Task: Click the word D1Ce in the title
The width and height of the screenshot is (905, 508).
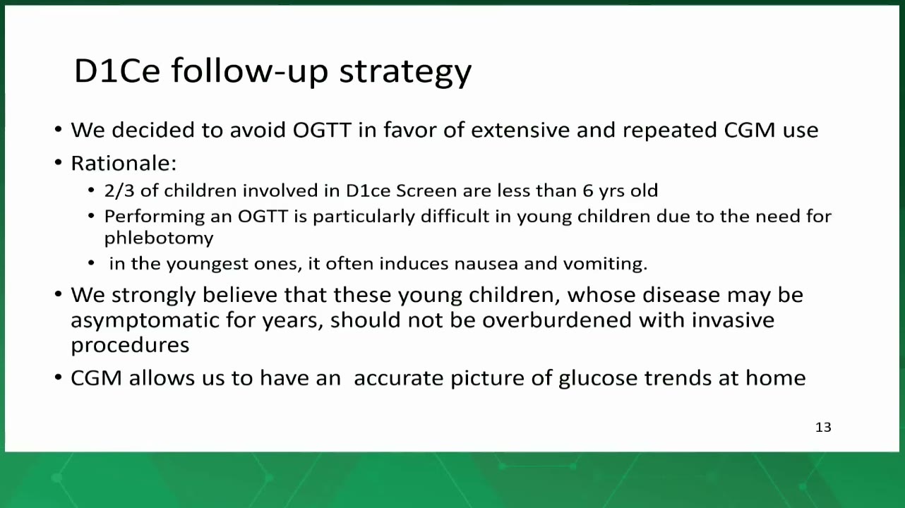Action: [117, 71]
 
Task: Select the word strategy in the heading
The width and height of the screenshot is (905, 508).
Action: [405, 73]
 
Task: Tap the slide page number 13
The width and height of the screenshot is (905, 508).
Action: [823, 428]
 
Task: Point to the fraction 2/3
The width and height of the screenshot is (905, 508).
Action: [119, 190]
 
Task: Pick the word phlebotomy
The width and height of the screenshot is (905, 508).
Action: [158, 238]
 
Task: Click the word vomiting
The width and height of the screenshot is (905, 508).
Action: [605, 264]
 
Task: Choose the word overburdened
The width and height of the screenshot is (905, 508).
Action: [557, 320]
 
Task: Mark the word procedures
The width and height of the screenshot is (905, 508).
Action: [130, 346]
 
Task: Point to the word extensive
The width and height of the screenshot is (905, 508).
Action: [520, 130]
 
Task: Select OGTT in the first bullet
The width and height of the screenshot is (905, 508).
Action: [322, 130]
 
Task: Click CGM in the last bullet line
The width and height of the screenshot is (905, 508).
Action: [97, 378]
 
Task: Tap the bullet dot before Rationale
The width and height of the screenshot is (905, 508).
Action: [59, 162]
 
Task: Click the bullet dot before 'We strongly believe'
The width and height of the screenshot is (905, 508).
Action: [59, 294]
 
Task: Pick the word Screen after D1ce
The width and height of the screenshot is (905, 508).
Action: [426, 190]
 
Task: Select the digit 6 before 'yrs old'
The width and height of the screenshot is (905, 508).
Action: [587, 190]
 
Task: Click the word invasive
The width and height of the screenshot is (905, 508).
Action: [733, 320]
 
